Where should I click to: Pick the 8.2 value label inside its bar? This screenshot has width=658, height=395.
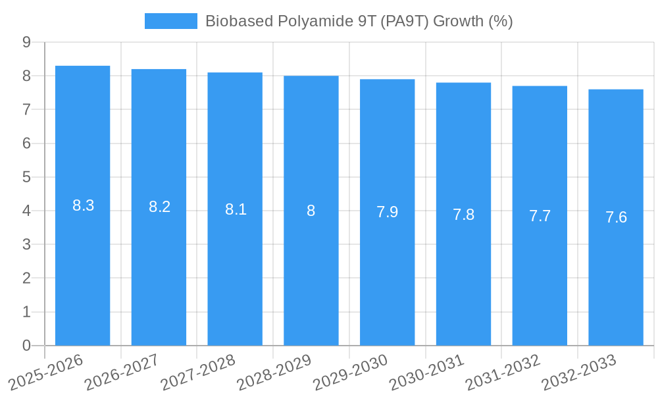(159, 207)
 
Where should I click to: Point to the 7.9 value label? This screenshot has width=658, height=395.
(387, 212)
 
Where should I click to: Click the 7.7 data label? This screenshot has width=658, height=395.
(540, 216)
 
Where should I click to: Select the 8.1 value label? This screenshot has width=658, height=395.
(236, 209)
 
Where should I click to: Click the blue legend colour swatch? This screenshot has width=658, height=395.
(171, 21)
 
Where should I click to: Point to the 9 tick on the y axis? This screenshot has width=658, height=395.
(26, 42)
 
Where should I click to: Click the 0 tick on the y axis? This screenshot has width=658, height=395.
(26, 346)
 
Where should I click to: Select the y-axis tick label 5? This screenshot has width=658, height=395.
(26, 177)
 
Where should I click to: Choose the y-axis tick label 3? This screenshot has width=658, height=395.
(26, 244)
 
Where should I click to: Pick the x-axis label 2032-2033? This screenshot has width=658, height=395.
(580, 372)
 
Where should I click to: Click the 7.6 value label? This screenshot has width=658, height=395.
(616, 217)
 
